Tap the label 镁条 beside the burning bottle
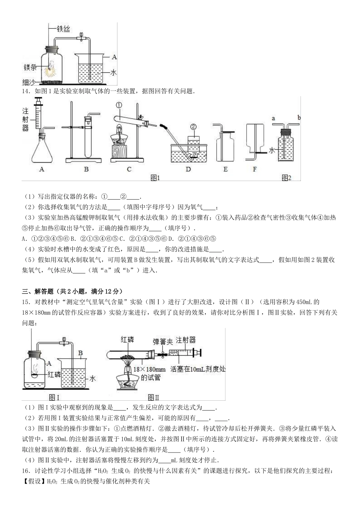click(30, 67)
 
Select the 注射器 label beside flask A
click(26, 119)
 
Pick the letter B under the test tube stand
click(86, 169)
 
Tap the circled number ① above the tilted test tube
click(119, 105)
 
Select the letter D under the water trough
click(188, 169)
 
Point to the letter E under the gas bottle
click(225, 169)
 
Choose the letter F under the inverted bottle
click(255, 169)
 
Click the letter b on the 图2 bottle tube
click(299, 118)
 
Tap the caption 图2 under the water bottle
click(286, 178)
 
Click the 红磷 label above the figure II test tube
click(127, 339)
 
